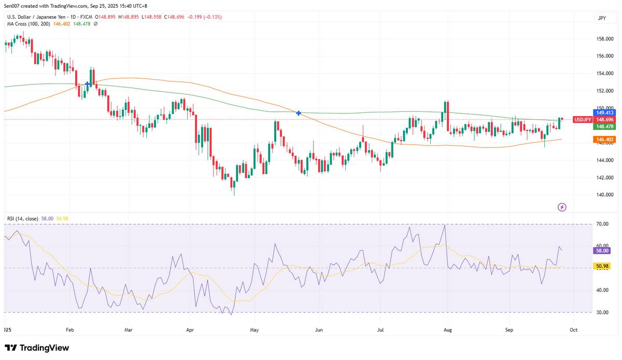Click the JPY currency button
click(602, 18)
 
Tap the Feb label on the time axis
click(69, 329)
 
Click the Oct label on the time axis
click(573, 329)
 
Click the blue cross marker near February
click(88, 84)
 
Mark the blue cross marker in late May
click(299, 113)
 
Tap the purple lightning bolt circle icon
click(562, 207)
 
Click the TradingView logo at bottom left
click(37, 348)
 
